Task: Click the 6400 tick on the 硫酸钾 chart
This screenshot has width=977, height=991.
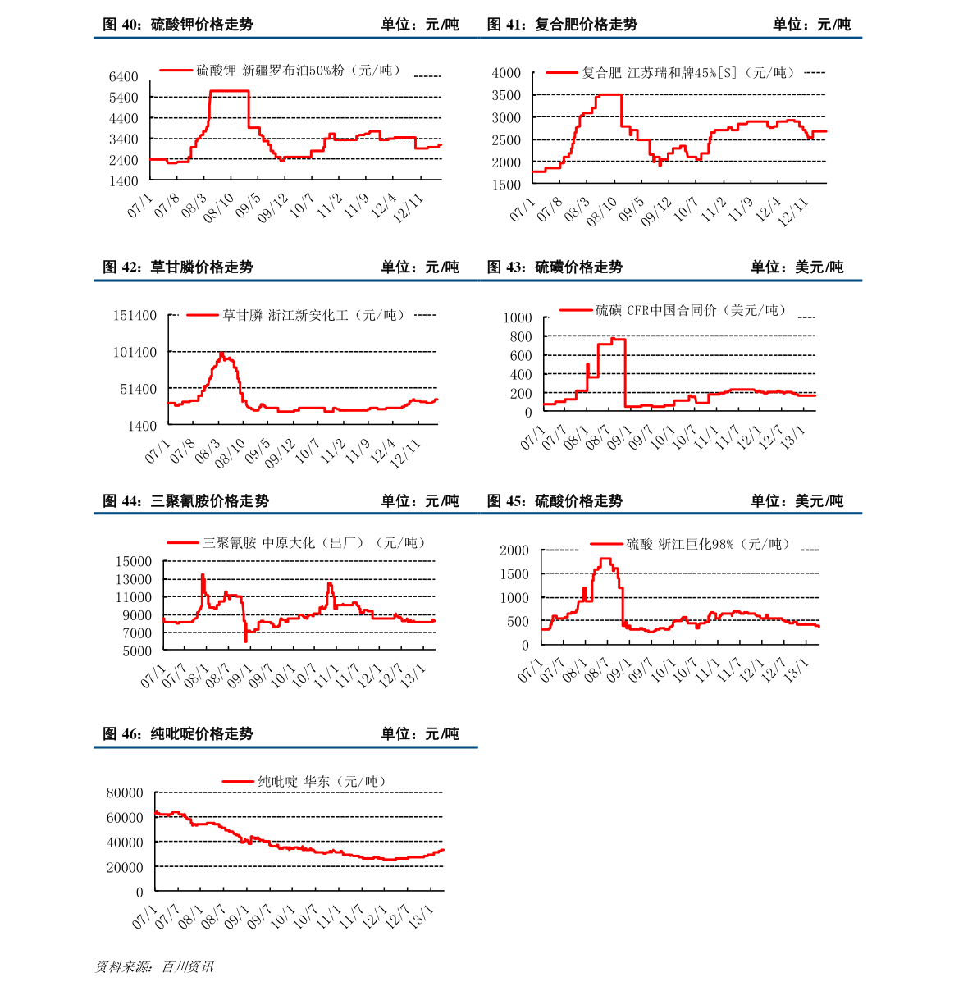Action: pos(124,76)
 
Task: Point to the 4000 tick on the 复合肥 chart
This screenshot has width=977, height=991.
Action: pos(506,73)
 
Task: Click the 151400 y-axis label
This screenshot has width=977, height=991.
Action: pos(135,315)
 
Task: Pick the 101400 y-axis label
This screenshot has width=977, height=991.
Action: pos(135,352)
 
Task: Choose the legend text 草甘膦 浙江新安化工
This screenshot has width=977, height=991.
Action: pos(314,315)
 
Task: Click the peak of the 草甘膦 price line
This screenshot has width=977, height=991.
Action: pos(221,354)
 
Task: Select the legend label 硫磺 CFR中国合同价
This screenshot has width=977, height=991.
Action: pos(691,310)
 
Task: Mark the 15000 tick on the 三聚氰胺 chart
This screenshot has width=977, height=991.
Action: pos(134,561)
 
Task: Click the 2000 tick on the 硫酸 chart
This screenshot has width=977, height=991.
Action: pos(514,550)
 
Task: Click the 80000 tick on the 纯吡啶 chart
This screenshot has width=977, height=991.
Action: pos(125,792)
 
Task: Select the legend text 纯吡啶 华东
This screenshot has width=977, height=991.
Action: pos(322,782)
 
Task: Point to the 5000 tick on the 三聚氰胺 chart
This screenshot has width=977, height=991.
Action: pos(137,651)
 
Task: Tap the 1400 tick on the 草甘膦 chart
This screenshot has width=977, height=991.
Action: pos(142,425)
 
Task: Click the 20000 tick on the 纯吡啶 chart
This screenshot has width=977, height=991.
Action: pos(125,867)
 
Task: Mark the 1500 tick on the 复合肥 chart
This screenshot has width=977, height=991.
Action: pos(506,185)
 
